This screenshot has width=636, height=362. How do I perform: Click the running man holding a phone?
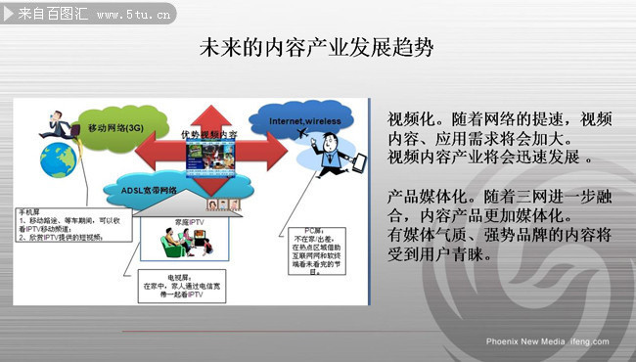point(52,122)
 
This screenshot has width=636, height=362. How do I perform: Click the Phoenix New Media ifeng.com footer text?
point(547,341)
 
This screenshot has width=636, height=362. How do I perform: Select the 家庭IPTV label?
point(190,223)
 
